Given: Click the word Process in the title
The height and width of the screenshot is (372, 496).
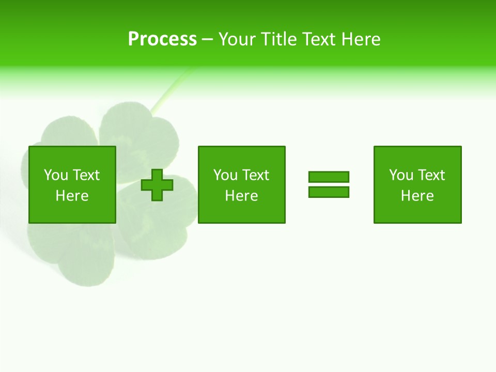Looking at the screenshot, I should tap(162, 39).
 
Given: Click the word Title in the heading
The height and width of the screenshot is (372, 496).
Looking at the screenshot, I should tap(278, 39).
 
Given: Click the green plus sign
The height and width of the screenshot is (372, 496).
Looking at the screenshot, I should tap(157, 185).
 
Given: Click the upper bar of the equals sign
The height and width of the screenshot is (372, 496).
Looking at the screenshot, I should tap(329, 177).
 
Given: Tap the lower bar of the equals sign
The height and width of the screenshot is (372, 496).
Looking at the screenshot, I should tap(329, 192).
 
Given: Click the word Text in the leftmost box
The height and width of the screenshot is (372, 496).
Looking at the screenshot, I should tap(86, 175).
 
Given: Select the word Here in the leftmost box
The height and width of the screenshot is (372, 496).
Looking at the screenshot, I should tap(72, 196).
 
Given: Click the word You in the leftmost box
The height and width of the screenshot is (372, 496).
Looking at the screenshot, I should tap(56, 175).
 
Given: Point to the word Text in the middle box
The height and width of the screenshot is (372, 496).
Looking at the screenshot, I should tap(255, 175).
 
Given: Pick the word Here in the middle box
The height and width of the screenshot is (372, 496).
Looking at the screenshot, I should tap(241, 196).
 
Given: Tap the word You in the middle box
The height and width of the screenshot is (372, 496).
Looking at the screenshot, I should tap(226, 175).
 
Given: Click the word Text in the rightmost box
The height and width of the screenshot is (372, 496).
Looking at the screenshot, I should tap(431, 175).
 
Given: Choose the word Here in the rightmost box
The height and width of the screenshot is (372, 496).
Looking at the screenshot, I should tap(417, 196).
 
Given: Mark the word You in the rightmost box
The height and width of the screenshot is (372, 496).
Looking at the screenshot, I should tap(401, 175).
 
